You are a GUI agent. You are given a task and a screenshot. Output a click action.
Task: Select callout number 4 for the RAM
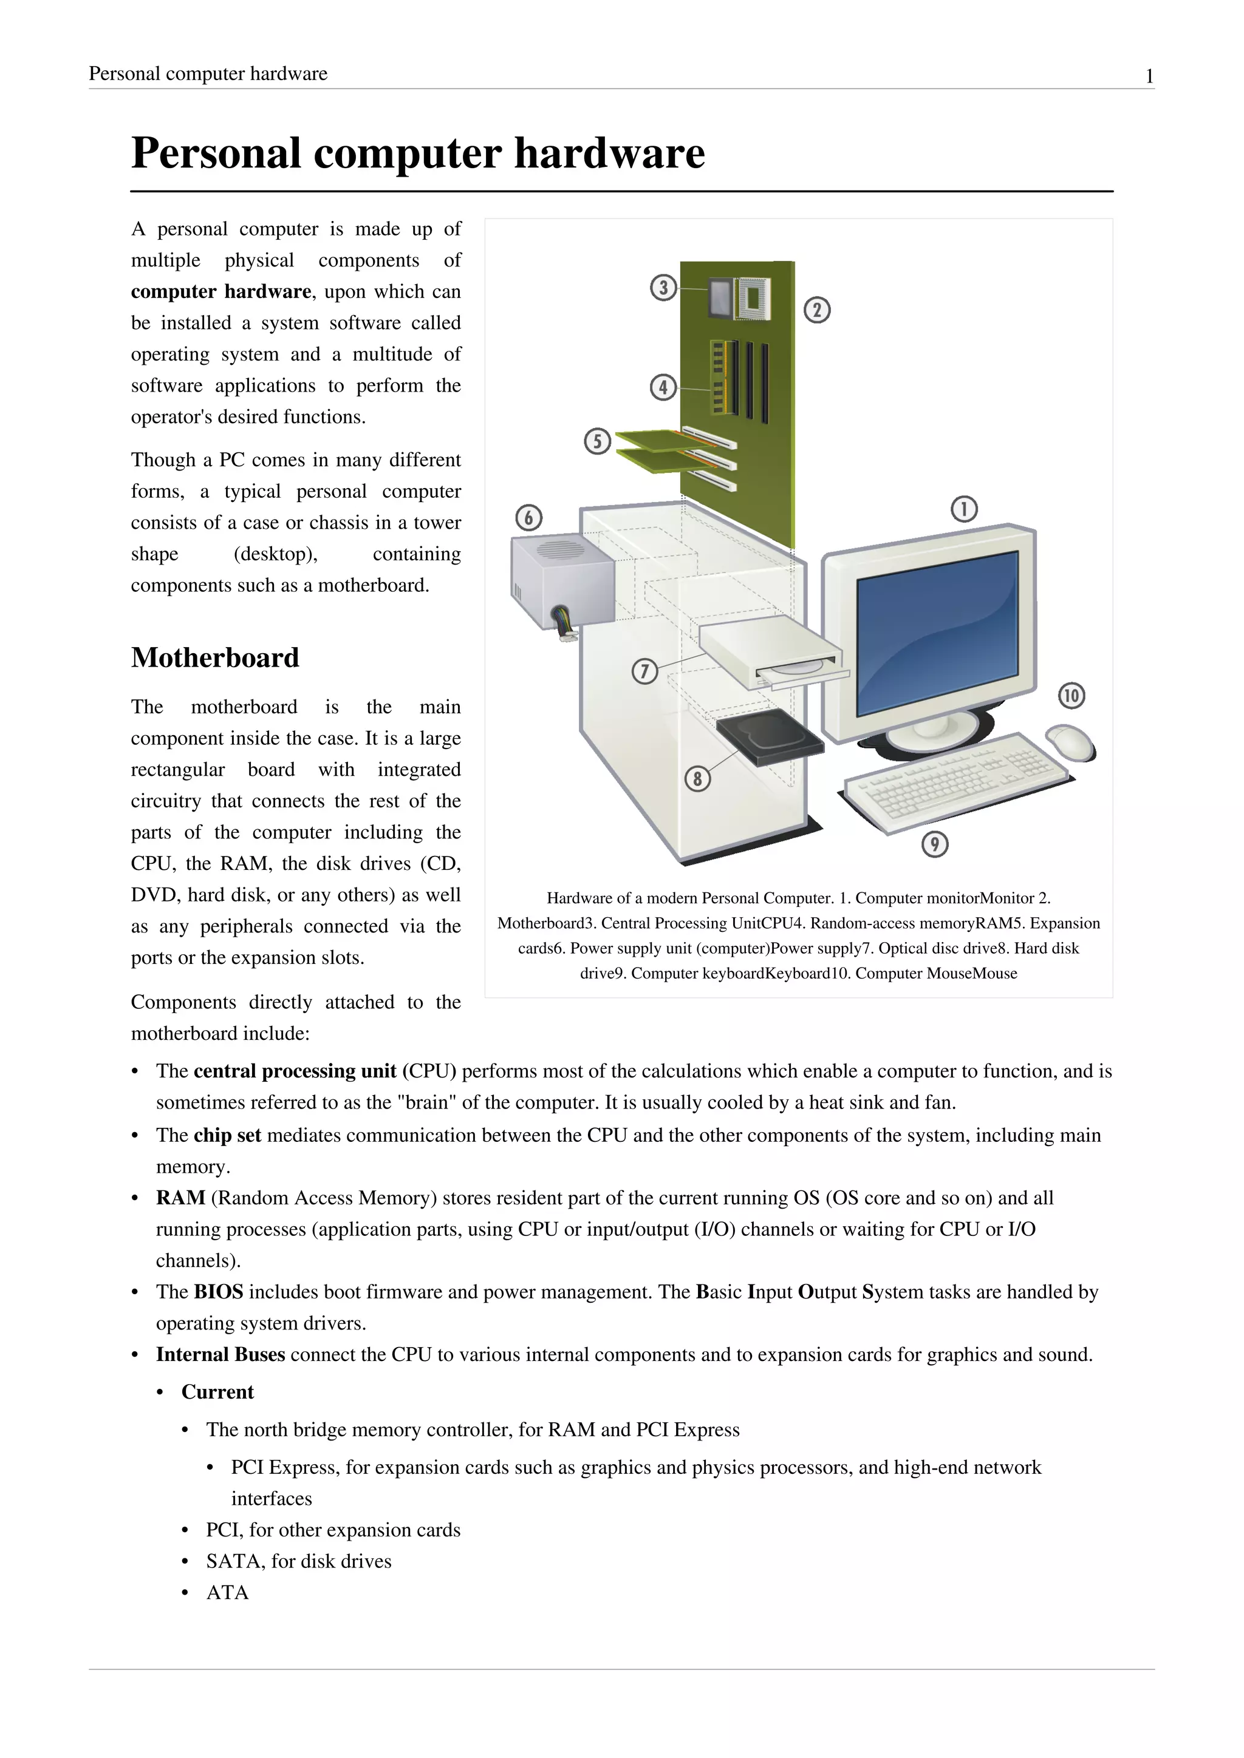(663, 387)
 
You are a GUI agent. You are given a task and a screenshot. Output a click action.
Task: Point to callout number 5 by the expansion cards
(598, 441)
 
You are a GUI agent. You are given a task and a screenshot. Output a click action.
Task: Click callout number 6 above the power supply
(528, 518)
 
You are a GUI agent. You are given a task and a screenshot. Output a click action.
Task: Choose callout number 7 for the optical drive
(644, 671)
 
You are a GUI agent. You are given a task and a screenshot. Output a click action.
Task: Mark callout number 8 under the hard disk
(697, 779)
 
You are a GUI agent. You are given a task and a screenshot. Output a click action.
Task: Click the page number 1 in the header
(1149, 76)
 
